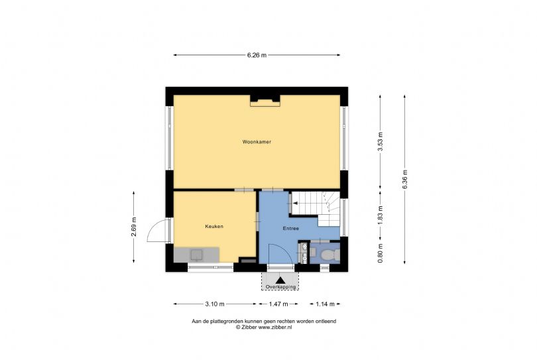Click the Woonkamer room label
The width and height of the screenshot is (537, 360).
(257, 142)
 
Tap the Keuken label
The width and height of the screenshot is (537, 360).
(214, 226)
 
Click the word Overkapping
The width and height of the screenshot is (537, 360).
(280, 286)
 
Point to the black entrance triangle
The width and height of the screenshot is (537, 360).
(280, 280)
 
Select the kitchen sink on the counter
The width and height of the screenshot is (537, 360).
(197, 253)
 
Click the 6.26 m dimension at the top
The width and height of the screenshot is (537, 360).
(257, 55)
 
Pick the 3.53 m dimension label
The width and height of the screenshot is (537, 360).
(381, 143)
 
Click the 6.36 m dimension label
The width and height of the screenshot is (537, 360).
(405, 180)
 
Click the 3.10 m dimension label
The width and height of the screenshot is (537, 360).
(214, 304)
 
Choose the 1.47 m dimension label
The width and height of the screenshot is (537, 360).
(278, 304)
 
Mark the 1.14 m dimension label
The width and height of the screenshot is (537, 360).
(325, 304)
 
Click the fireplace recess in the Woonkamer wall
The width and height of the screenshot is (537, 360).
(265, 100)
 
